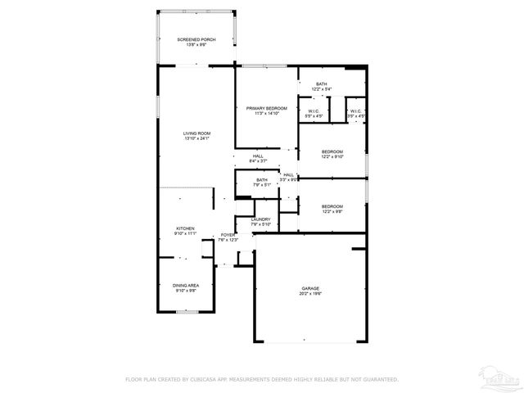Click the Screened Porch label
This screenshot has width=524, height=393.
196,39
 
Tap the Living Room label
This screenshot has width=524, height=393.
196,133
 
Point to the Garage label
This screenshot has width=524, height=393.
310,288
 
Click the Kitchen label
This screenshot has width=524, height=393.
185,228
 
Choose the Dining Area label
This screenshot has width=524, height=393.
186,285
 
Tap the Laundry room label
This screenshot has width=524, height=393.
261,219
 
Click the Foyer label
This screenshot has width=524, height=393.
227,235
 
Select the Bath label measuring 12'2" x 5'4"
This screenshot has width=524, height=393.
322,84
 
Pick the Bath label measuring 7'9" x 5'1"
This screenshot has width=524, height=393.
262,180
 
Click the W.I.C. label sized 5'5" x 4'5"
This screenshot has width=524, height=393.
314,111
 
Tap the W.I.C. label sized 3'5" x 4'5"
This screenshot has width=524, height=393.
356,111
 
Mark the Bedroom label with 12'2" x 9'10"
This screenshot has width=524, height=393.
332,151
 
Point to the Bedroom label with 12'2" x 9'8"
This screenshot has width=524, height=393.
332,206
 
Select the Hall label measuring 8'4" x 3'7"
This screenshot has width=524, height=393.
258,156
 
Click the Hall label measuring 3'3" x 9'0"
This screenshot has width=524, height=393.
289,174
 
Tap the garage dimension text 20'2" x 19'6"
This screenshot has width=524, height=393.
310,294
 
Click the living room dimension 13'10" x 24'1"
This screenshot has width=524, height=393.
196,138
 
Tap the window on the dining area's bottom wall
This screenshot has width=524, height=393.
187,311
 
